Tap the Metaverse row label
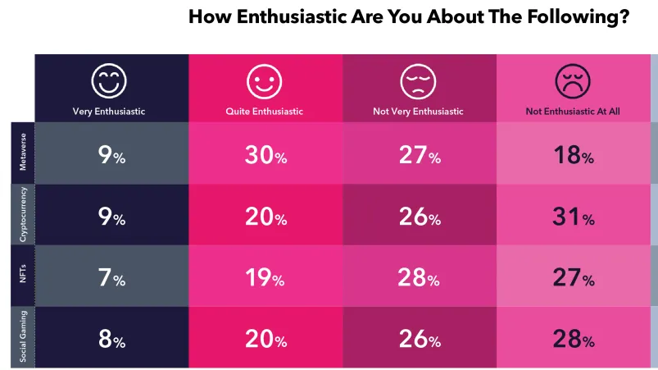pyautogui.click(x=23, y=153)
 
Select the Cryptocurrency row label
pyautogui.click(x=23, y=215)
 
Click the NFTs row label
pyautogui.click(x=23, y=276)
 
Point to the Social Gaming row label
pyautogui.click(x=23, y=338)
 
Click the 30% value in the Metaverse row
pyautogui.click(x=265, y=154)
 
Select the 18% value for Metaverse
pyautogui.click(x=573, y=154)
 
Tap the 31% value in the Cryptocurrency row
pyautogui.click(x=573, y=217)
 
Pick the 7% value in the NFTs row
pyautogui.click(x=111, y=278)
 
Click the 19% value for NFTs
pyautogui.click(x=265, y=278)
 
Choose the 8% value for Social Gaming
pyautogui.click(x=111, y=339)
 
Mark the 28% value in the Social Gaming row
pyautogui.click(x=573, y=339)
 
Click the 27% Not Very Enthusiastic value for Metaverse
pyautogui.click(x=419, y=154)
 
